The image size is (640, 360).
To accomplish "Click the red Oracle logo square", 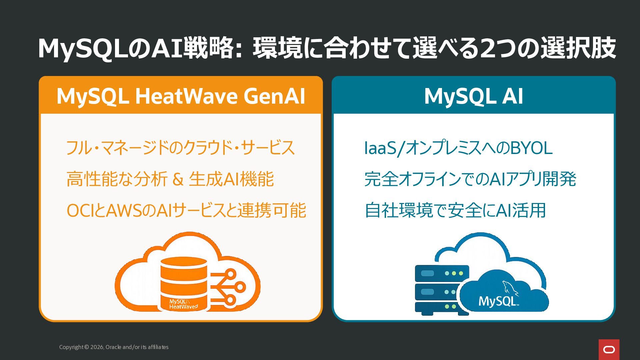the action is pos(609,350).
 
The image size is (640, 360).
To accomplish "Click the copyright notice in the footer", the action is pos(114,347).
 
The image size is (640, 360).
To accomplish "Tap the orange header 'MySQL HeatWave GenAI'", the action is pos(181,96).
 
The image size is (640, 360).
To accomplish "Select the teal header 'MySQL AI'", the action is pos(474,96).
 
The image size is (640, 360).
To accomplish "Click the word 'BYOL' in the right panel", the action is pos(531,148).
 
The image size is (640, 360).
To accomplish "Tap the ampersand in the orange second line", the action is pos(178,179).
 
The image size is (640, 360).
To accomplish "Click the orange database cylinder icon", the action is pos(184,284).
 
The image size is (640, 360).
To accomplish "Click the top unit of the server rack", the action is pos(442,273).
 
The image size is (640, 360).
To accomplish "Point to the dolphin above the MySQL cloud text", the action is pos(510,288).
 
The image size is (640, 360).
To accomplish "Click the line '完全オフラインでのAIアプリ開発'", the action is pos(470,179).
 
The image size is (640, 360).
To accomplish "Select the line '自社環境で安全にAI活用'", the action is pos(455,210).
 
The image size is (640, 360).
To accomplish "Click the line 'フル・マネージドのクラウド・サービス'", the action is pos(181,148).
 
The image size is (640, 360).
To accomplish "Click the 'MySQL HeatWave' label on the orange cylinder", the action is pos(183,304).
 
